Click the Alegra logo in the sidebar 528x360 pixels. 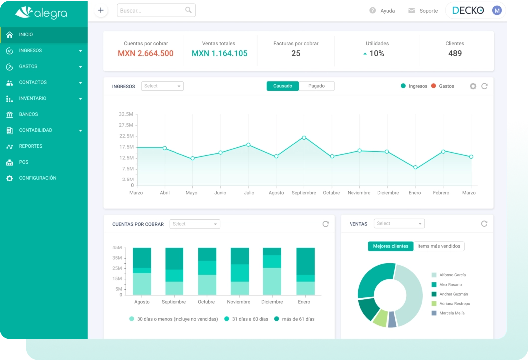click(41, 13)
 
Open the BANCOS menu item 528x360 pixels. click(28, 114)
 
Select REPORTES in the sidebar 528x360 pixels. click(30, 146)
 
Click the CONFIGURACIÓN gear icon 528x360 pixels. click(10, 178)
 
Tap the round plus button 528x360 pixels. click(101, 10)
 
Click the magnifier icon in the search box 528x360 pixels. click(188, 10)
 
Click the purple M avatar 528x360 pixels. click(497, 10)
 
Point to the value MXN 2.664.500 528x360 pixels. click(146, 53)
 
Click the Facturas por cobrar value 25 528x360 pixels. click(296, 53)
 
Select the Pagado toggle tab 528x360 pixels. click(316, 86)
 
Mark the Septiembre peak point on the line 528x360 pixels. click(304, 137)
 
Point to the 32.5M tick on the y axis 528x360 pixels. click(126, 114)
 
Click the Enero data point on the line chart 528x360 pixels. click(415, 167)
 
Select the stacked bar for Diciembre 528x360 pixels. click(272, 271)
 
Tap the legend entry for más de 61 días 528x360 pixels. click(294, 319)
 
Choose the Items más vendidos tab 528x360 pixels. click(439, 246)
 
